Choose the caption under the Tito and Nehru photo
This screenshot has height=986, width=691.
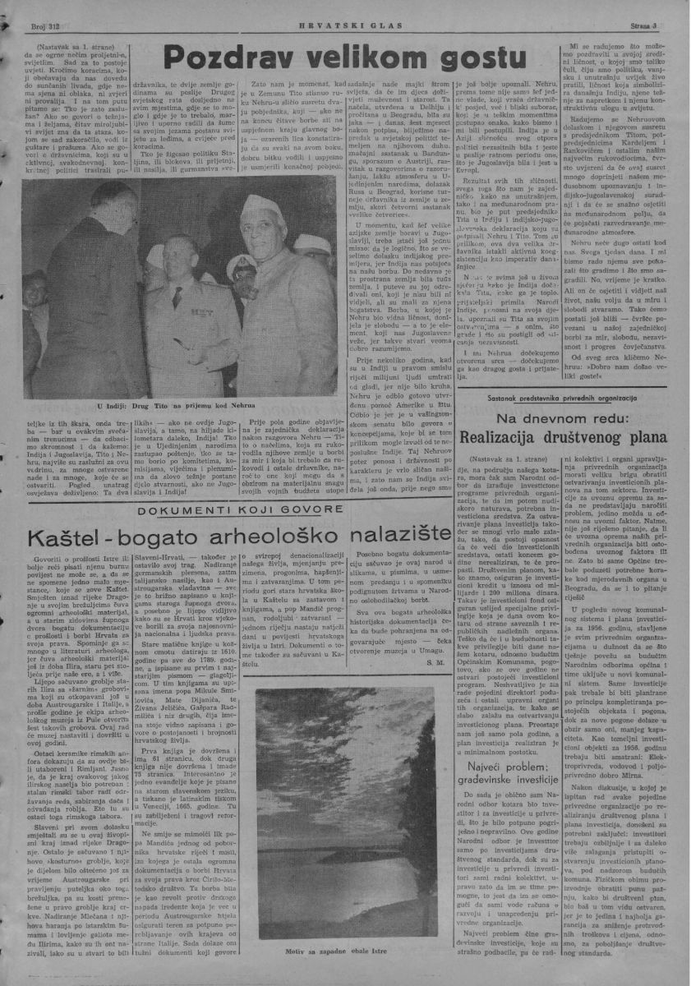coord(164,406)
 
